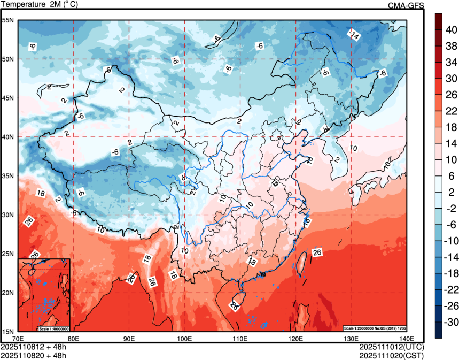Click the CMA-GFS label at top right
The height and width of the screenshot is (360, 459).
[x=406, y=5]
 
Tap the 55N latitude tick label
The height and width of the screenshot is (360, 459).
[x=9, y=20]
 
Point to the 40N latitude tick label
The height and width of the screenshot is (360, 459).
[x=9, y=137]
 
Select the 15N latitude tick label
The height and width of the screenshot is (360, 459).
[x=9, y=332]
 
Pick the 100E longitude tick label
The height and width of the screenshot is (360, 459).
[x=184, y=339]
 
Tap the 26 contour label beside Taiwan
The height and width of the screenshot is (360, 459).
[x=317, y=252]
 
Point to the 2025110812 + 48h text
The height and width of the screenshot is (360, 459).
[x=34, y=347]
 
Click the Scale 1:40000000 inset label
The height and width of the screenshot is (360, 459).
[x=54, y=328]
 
